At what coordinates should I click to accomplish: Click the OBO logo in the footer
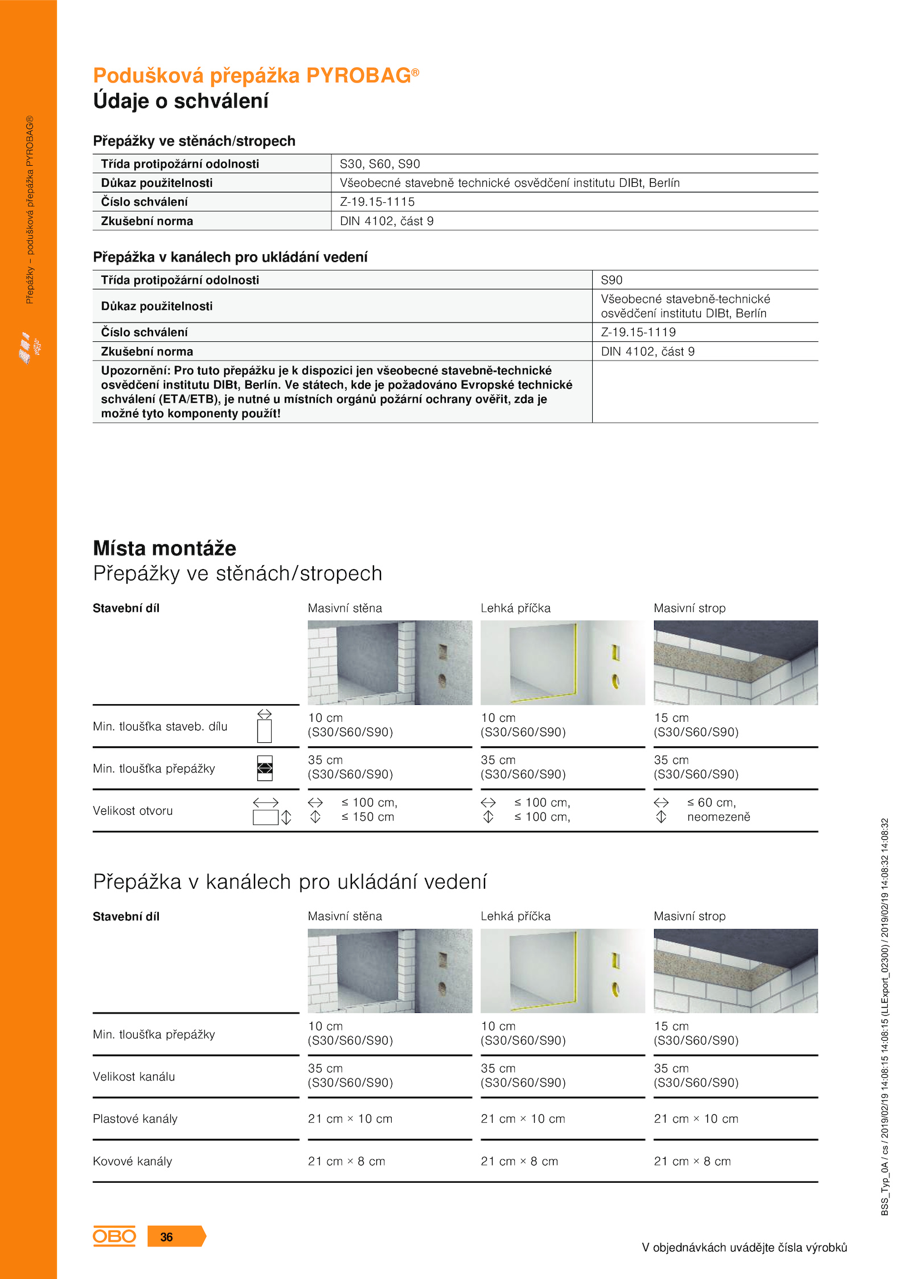(x=114, y=1236)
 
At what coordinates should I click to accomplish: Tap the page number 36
(x=166, y=1237)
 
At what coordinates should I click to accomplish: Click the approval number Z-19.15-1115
(x=377, y=202)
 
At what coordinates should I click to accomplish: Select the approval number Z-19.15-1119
(x=638, y=332)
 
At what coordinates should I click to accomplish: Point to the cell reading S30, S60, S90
(x=380, y=164)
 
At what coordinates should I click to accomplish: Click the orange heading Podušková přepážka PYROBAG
(x=256, y=76)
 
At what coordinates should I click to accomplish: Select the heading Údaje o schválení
(x=180, y=101)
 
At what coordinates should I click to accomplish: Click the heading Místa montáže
(x=165, y=548)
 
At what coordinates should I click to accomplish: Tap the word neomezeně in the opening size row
(x=719, y=817)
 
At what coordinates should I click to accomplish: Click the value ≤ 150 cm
(x=367, y=817)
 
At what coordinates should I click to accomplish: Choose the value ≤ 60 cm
(x=711, y=803)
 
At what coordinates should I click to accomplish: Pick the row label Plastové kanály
(x=135, y=1119)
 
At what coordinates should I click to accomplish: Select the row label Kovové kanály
(x=132, y=1161)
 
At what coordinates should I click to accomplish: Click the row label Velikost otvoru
(x=133, y=811)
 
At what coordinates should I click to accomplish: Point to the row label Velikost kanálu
(x=134, y=1077)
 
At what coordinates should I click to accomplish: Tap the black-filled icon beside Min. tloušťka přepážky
(x=265, y=769)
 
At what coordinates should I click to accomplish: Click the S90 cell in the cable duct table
(x=612, y=280)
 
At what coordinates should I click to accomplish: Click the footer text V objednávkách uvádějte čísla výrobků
(x=744, y=1248)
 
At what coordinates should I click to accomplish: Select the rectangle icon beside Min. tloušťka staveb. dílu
(x=264, y=731)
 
